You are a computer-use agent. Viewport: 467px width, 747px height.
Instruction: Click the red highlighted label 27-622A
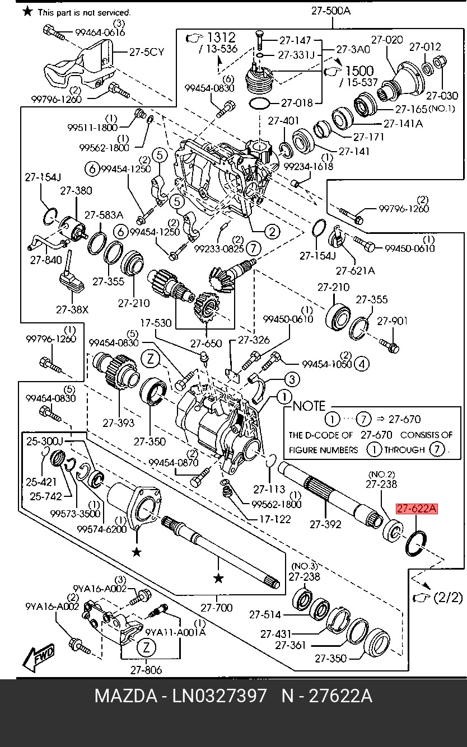(417, 509)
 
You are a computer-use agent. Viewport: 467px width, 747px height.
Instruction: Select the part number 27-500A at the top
(331, 10)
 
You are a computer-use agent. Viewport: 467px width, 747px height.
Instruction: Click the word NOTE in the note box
(309, 406)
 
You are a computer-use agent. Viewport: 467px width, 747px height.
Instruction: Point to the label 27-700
(216, 607)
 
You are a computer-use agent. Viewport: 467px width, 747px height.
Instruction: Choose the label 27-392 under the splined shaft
(326, 524)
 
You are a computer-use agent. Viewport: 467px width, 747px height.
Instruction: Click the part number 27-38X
(72, 308)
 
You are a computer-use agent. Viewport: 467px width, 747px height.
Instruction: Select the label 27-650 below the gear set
(206, 344)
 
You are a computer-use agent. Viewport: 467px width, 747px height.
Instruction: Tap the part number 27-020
(386, 40)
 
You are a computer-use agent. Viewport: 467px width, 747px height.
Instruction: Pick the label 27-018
(297, 103)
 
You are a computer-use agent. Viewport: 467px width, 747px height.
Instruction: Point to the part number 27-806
(146, 669)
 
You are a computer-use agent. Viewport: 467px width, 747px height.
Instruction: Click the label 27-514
(265, 615)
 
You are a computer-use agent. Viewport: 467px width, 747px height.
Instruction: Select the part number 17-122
(275, 519)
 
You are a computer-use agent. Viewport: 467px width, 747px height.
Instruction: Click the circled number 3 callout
(292, 380)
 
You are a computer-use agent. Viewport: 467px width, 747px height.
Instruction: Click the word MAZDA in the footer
(125, 697)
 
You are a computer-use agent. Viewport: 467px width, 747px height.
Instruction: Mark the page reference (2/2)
(447, 597)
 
